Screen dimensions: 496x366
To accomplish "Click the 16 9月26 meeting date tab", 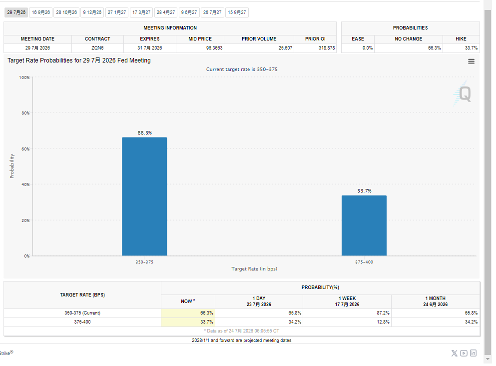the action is pos(41,12).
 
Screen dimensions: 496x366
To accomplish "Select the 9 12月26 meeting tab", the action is pos(92,12).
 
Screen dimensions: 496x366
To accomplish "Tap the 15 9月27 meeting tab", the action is pos(237,12).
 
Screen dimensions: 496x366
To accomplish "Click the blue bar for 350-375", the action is pos(144,196).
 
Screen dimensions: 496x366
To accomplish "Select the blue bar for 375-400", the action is pos(364,225).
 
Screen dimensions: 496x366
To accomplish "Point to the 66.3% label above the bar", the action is pos(144,132).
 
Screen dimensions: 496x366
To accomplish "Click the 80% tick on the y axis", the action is pos(25,113).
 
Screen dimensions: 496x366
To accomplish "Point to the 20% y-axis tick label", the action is pos(25,220).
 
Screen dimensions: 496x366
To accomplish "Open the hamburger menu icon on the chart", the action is pos(472,61).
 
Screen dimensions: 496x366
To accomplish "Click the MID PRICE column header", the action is pos(200,39).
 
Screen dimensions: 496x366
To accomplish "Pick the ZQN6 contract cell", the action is pos(97,48).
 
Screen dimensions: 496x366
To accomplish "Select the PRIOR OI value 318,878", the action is pos(327,48).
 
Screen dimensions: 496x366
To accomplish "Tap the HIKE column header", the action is pos(461,39).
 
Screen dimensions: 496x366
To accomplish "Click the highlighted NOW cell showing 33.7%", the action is pos(188,322).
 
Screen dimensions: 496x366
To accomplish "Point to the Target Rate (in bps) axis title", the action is pos(254,269).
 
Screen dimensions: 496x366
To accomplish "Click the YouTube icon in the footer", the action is pos(464,353).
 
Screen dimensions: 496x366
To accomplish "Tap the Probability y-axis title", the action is pos(12,166).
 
